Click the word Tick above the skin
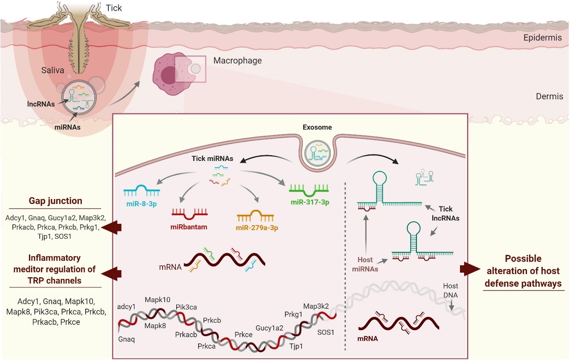[114, 8]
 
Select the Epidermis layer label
[542, 38]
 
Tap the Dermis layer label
[549, 96]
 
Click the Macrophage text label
[237, 60]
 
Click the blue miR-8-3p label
[141, 204]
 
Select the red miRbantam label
[189, 227]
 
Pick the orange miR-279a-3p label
[257, 228]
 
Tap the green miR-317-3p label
[310, 202]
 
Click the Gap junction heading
[55, 201]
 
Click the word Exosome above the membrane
[317, 127]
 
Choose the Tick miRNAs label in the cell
[212, 158]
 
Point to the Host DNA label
[450, 290]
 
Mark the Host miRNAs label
[365, 264]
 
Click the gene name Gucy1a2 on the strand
[269, 328]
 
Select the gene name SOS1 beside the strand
[326, 332]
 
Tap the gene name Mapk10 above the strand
[158, 300]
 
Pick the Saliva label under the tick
[53, 70]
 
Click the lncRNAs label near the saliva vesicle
[41, 104]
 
